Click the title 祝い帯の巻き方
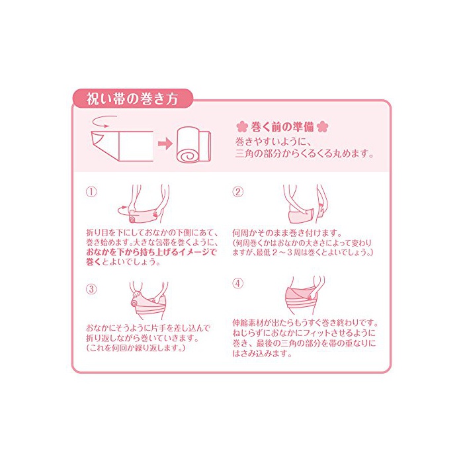(132, 99)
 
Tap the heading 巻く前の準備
(282, 127)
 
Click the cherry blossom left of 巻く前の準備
(242, 127)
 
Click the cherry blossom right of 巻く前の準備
(322, 127)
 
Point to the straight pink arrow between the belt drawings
(165, 144)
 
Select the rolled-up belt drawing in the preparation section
(194, 145)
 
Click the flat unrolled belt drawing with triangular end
(122, 146)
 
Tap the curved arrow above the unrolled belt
(105, 121)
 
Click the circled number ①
(91, 192)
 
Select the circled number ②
(237, 192)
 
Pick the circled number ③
(91, 289)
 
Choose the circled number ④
(237, 284)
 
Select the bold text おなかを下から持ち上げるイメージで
(151, 252)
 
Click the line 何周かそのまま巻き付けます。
(286, 233)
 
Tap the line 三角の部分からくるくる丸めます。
(304, 153)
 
